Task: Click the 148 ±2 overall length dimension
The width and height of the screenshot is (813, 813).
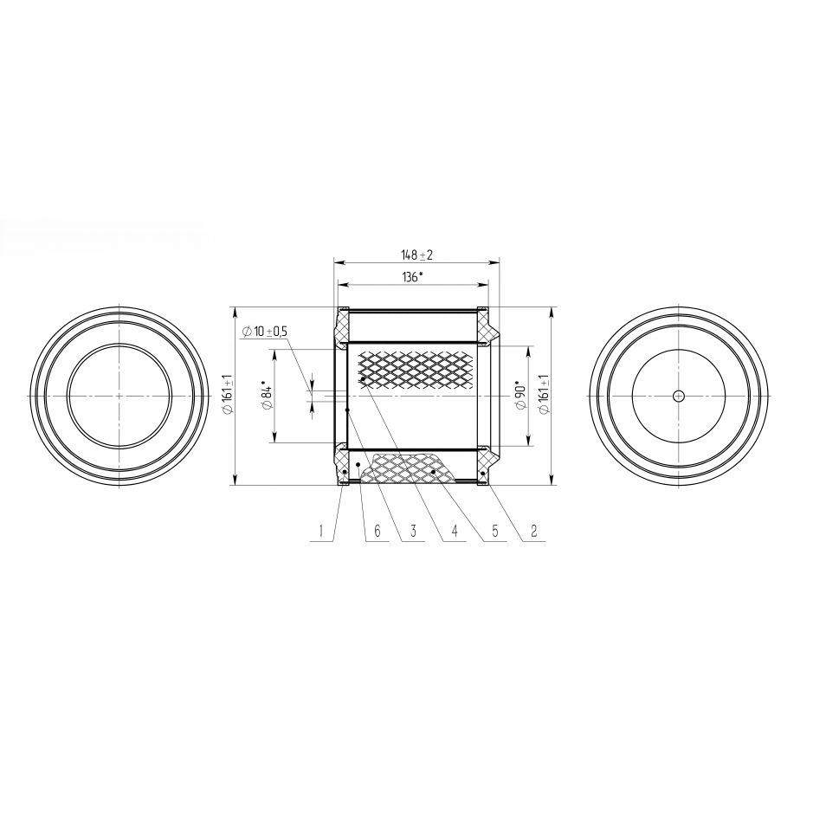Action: click(416, 255)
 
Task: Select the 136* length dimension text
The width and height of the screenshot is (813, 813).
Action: click(412, 277)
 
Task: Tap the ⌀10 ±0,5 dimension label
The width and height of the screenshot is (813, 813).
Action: click(264, 332)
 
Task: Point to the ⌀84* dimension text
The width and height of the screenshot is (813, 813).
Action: click(268, 397)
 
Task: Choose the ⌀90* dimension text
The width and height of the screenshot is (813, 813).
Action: click(520, 396)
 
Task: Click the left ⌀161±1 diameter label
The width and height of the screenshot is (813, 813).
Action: click(226, 394)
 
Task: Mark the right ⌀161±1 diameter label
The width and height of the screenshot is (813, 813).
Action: click(544, 394)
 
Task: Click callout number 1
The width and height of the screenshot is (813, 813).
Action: click(321, 531)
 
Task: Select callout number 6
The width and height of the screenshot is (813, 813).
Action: click(377, 531)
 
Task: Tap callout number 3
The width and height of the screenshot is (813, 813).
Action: click(413, 531)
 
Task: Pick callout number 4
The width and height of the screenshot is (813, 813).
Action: click(455, 531)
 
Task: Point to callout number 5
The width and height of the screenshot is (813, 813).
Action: click(494, 531)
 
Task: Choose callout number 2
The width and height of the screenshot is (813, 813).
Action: click(533, 531)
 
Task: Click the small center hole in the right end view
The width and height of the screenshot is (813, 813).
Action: click(678, 397)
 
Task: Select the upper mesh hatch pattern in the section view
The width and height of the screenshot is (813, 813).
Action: click(416, 368)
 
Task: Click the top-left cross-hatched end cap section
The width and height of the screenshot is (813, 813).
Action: click(342, 326)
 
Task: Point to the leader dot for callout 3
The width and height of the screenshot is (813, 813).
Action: click(347, 410)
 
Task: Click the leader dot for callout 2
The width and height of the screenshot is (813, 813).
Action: click(483, 474)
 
